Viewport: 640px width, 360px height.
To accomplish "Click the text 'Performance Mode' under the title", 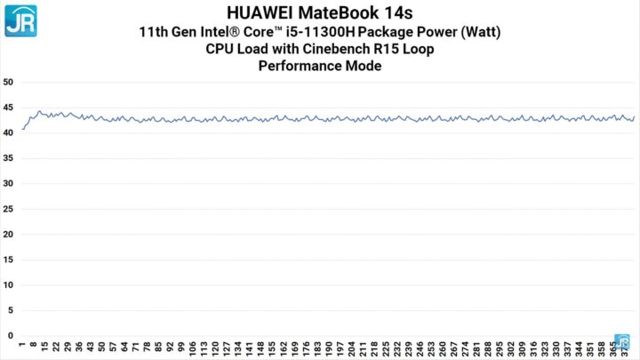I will point(320,65).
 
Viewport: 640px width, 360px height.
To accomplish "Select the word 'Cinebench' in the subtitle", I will point(342,48).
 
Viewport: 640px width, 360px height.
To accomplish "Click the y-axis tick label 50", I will point(8,82).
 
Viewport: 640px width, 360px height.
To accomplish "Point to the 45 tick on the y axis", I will point(8,107).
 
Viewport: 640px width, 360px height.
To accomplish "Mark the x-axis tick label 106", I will point(194,348).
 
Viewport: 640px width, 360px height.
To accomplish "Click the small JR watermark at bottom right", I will point(623,343).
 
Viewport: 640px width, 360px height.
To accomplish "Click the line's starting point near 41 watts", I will point(22,130).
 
